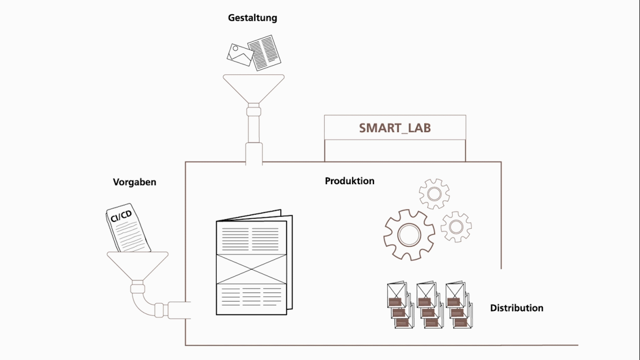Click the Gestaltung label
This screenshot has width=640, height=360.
point(252,18)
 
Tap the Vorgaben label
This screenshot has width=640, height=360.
point(134,182)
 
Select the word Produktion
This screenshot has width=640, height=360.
point(349,181)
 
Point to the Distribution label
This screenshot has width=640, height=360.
point(516,308)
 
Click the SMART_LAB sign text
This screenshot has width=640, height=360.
point(394,128)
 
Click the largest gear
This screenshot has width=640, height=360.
point(409,235)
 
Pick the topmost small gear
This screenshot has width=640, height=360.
point(434,194)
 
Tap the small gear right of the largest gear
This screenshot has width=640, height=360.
point(456,227)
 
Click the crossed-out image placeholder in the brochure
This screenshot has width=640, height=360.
point(251,267)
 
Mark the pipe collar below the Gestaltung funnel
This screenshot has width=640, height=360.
point(253,110)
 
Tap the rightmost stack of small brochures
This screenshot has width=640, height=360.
point(458,305)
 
